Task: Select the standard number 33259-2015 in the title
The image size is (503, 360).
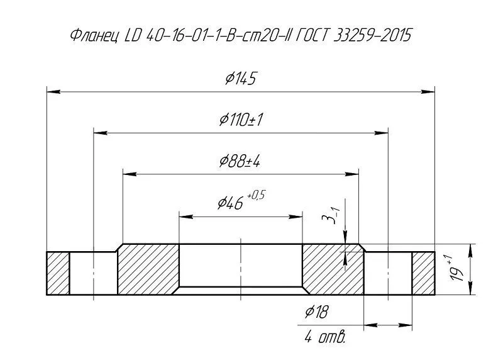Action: point(372,35)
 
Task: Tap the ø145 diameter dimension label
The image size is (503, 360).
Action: point(241,79)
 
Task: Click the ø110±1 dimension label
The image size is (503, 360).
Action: point(241,120)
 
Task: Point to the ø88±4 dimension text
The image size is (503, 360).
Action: point(240,161)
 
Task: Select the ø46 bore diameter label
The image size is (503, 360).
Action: point(230,203)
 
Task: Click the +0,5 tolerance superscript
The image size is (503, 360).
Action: point(257,194)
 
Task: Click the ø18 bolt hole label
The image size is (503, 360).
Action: point(317,312)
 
